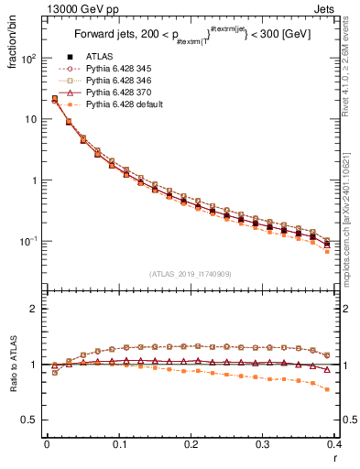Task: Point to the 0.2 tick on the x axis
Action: [191, 443]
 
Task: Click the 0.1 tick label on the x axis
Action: [118, 443]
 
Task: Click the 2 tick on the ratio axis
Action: [35, 309]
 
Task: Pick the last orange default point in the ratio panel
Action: [327, 389]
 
